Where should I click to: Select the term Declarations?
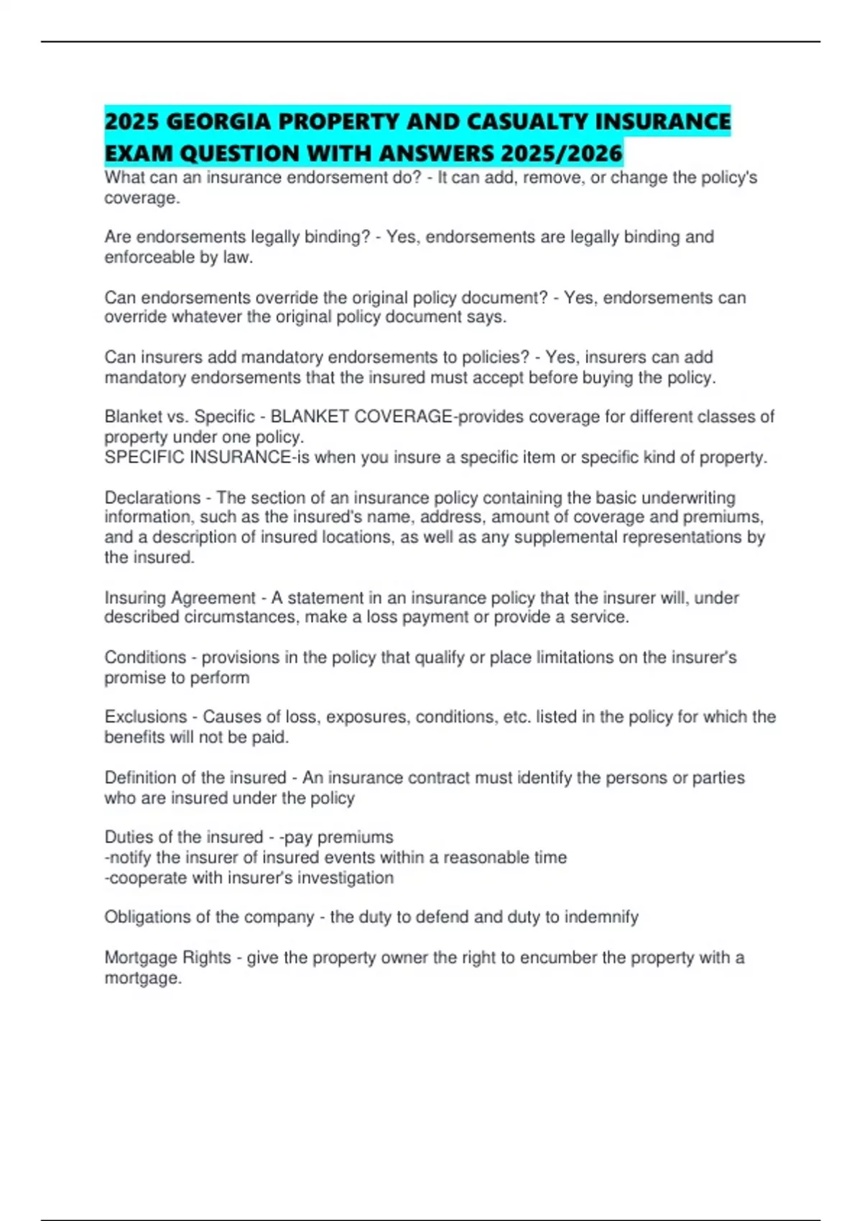[x=152, y=498]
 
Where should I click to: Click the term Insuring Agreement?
[x=180, y=598]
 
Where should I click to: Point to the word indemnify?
[x=601, y=917]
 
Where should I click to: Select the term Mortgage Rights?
[x=167, y=958]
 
